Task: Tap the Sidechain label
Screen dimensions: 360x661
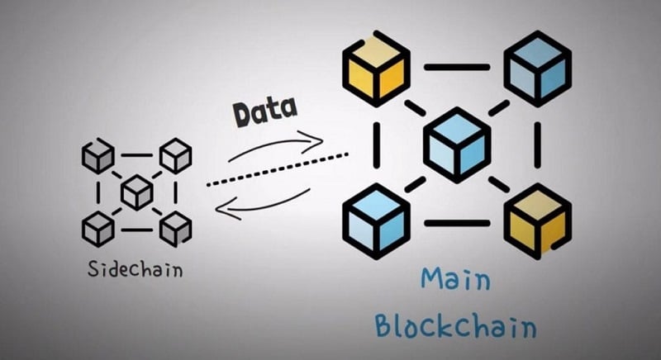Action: (x=136, y=268)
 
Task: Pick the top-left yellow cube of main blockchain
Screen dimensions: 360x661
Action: (x=376, y=68)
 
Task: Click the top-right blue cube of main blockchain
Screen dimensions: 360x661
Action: (x=537, y=68)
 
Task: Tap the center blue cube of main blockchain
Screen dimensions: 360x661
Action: (x=457, y=144)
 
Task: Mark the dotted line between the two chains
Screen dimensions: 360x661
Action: (x=277, y=169)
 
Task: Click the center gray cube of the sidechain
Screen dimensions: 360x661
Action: (x=137, y=192)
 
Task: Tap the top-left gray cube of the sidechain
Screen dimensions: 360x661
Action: (x=98, y=155)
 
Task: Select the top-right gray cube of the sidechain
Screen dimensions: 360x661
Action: (x=175, y=155)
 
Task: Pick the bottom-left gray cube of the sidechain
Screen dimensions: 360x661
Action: (x=98, y=228)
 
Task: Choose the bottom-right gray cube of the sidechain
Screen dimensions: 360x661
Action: (x=175, y=228)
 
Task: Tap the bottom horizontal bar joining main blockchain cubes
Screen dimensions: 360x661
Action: (x=457, y=222)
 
